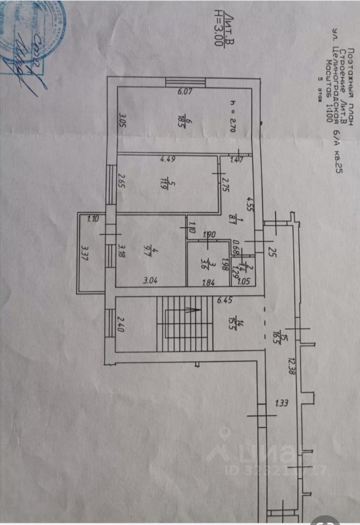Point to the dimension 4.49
[x=167, y=160]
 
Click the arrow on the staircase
[x=189, y=310]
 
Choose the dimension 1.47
[x=236, y=160]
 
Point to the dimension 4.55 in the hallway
[x=249, y=201]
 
